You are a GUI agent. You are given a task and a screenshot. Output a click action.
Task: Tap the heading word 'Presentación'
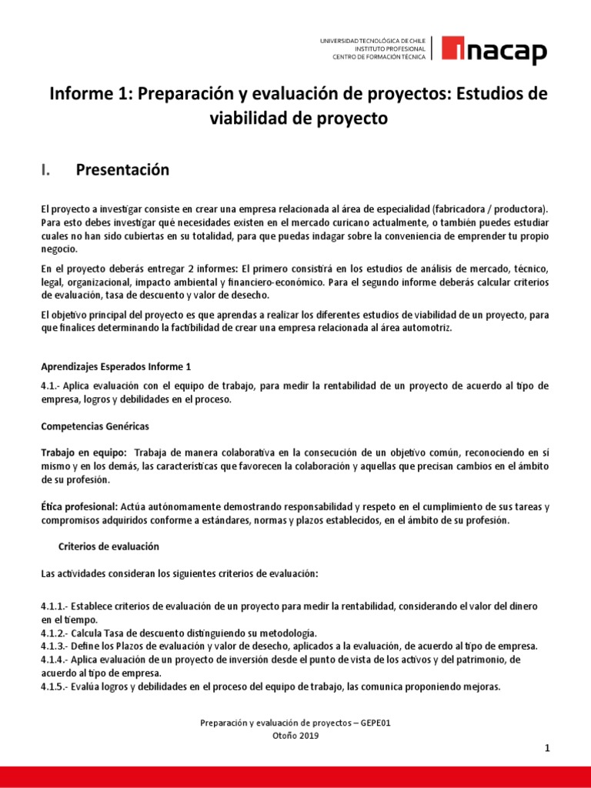tap(122, 170)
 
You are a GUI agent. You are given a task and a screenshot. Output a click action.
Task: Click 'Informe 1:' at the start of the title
tap(88, 94)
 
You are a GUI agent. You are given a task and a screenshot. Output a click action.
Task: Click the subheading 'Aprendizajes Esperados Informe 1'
tap(115, 366)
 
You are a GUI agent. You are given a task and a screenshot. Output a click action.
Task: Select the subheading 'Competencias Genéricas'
tap(95, 426)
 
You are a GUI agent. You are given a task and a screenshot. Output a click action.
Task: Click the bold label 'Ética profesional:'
tap(79, 507)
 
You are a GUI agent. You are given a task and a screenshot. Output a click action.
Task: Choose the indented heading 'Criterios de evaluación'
tap(109, 546)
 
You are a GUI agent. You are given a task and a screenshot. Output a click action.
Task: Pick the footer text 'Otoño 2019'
tap(295, 735)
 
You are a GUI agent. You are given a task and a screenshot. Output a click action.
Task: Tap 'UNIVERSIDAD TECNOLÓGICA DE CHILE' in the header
tap(373, 40)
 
